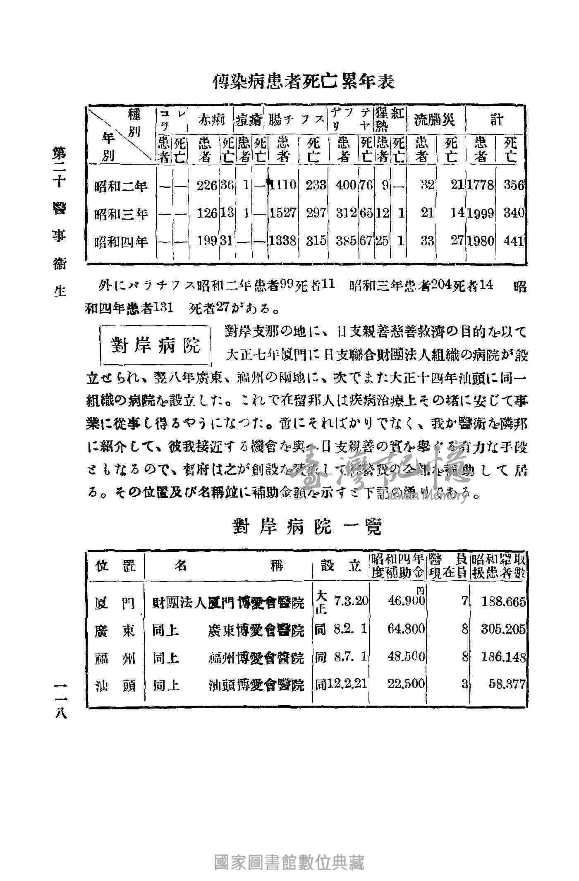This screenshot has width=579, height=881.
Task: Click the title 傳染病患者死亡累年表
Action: pos(304,82)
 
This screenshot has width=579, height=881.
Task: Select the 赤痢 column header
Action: pos(212,120)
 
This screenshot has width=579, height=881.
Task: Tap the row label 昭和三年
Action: pos(121,214)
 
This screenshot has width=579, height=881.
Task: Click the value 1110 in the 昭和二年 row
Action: pos(283,185)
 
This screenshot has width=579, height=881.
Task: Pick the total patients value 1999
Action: pos(481,213)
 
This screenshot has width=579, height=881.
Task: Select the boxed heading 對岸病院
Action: pos(156,345)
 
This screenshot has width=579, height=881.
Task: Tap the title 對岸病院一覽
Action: pos(306,527)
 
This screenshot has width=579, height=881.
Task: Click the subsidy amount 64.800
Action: pos(406,629)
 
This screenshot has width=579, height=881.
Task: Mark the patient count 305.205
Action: pos(503,629)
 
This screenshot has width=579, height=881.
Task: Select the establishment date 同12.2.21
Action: pos(341,684)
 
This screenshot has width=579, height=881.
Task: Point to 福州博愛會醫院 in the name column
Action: pos(256,657)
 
